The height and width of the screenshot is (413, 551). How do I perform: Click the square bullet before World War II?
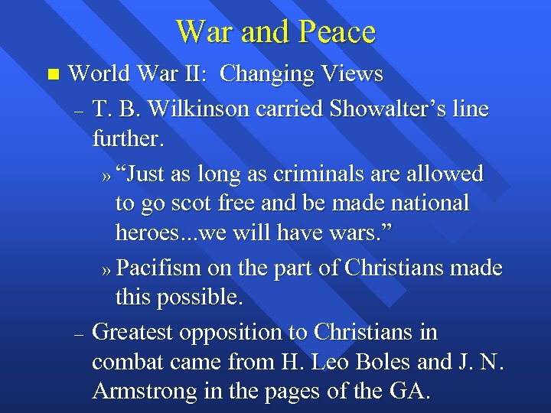tap(51, 75)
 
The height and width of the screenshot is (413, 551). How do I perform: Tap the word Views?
tap(352, 74)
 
